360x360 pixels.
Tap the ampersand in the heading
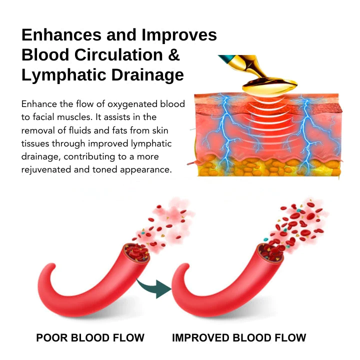click(173, 55)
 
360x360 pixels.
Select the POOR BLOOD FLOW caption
click(90, 338)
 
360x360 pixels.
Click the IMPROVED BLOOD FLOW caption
click(239, 338)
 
